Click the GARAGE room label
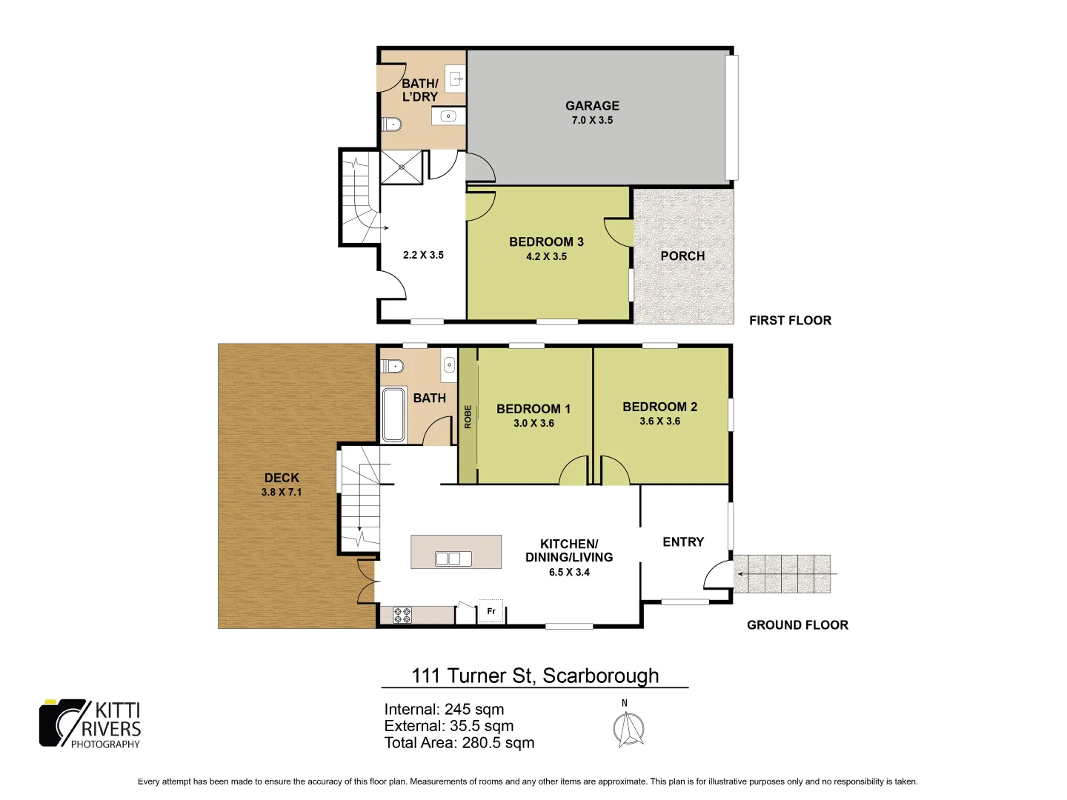tap(592, 106)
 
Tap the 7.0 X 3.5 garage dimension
tap(592, 120)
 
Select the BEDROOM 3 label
tap(546, 242)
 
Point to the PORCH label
tap(682, 256)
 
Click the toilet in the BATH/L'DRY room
tap(391, 124)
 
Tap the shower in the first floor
tap(401, 167)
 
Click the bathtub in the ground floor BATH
tap(393, 414)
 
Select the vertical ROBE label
tap(468, 416)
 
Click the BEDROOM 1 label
tap(533, 409)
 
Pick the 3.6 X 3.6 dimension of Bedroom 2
tap(659, 421)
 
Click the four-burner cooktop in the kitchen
tap(402, 615)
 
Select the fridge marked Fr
tap(491, 611)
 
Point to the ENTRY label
tap(683, 542)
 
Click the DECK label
tap(282, 479)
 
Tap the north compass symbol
tap(628, 727)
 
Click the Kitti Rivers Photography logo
tap(90, 724)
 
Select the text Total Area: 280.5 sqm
tap(459, 743)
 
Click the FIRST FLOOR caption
tap(790, 321)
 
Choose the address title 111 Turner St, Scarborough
tap(535, 676)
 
